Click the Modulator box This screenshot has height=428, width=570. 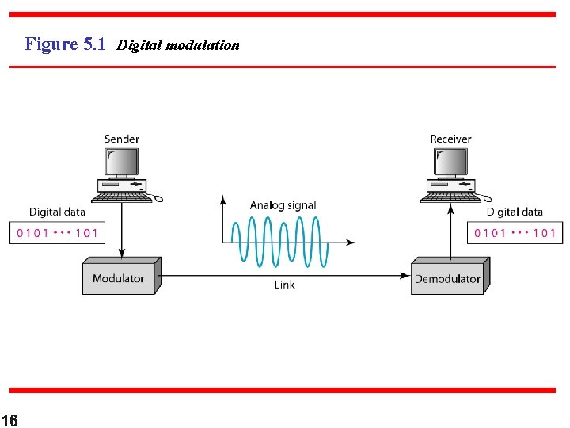119,278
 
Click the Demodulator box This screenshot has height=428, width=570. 447,278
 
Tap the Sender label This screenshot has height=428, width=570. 122,139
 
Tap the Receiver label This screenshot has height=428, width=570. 450,139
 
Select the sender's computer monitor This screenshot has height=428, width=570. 122,163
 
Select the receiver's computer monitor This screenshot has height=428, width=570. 450,163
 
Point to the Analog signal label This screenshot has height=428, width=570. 283,205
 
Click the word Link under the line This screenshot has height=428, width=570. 284,285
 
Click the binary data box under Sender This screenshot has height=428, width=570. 56,233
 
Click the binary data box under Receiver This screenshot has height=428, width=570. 514,233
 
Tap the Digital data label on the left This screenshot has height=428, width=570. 57,212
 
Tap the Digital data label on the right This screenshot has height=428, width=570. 515,212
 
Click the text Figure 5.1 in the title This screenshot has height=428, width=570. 65,44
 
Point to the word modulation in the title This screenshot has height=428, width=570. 203,45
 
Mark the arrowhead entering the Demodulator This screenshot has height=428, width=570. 405,275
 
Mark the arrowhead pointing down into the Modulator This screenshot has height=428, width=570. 122,253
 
